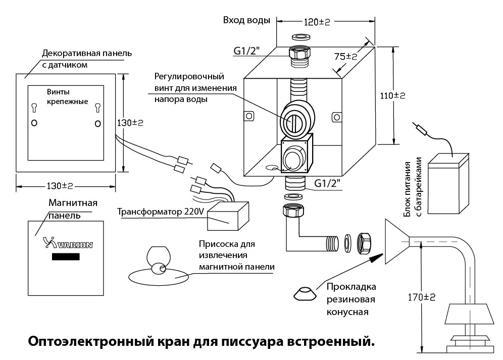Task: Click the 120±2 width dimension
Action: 317,22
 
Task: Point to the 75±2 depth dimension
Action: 345,57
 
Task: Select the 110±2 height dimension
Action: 392,95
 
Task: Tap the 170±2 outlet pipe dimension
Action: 422,297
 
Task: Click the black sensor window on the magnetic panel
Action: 66,256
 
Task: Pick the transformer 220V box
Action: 228,216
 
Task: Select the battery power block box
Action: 448,184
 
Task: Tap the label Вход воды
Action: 246,20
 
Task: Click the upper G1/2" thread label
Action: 246,51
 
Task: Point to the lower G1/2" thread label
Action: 327,183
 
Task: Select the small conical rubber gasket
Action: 305,293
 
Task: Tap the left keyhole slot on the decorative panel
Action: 34,108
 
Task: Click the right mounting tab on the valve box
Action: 336,117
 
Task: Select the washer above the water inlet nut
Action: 301,36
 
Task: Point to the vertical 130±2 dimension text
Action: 130,123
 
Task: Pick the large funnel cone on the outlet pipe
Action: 397,242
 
